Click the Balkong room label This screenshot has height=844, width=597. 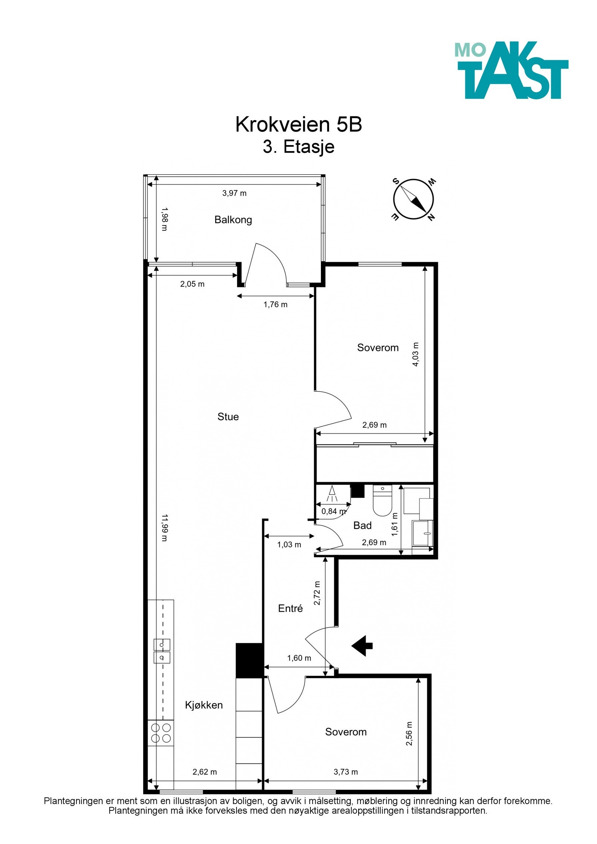[x=233, y=220]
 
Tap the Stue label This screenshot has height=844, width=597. [x=228, y=417]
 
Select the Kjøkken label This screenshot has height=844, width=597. [x=204, y=705]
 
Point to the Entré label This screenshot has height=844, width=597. [x=290, y=608]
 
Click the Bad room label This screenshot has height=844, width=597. [x=362, y=525]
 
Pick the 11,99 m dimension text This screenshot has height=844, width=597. [x=165, y=527]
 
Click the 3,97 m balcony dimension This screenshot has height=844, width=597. [x=234, y=193]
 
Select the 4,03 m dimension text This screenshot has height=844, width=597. [x=416, y=354]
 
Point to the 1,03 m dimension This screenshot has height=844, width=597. [x=289, y=545]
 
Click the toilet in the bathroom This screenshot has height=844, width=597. [x=382, y=501]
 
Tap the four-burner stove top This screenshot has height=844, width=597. [x=161, y=733]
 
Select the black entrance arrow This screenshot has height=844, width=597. [x=362, y=646]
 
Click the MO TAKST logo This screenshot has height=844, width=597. [x=511, y=70]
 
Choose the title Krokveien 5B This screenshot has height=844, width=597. [x=298, y=124]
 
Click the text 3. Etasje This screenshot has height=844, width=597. [x=298, y=147]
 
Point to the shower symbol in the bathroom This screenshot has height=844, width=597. [x=332, y=495]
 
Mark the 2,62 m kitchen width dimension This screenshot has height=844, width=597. [x=204, y=772]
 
